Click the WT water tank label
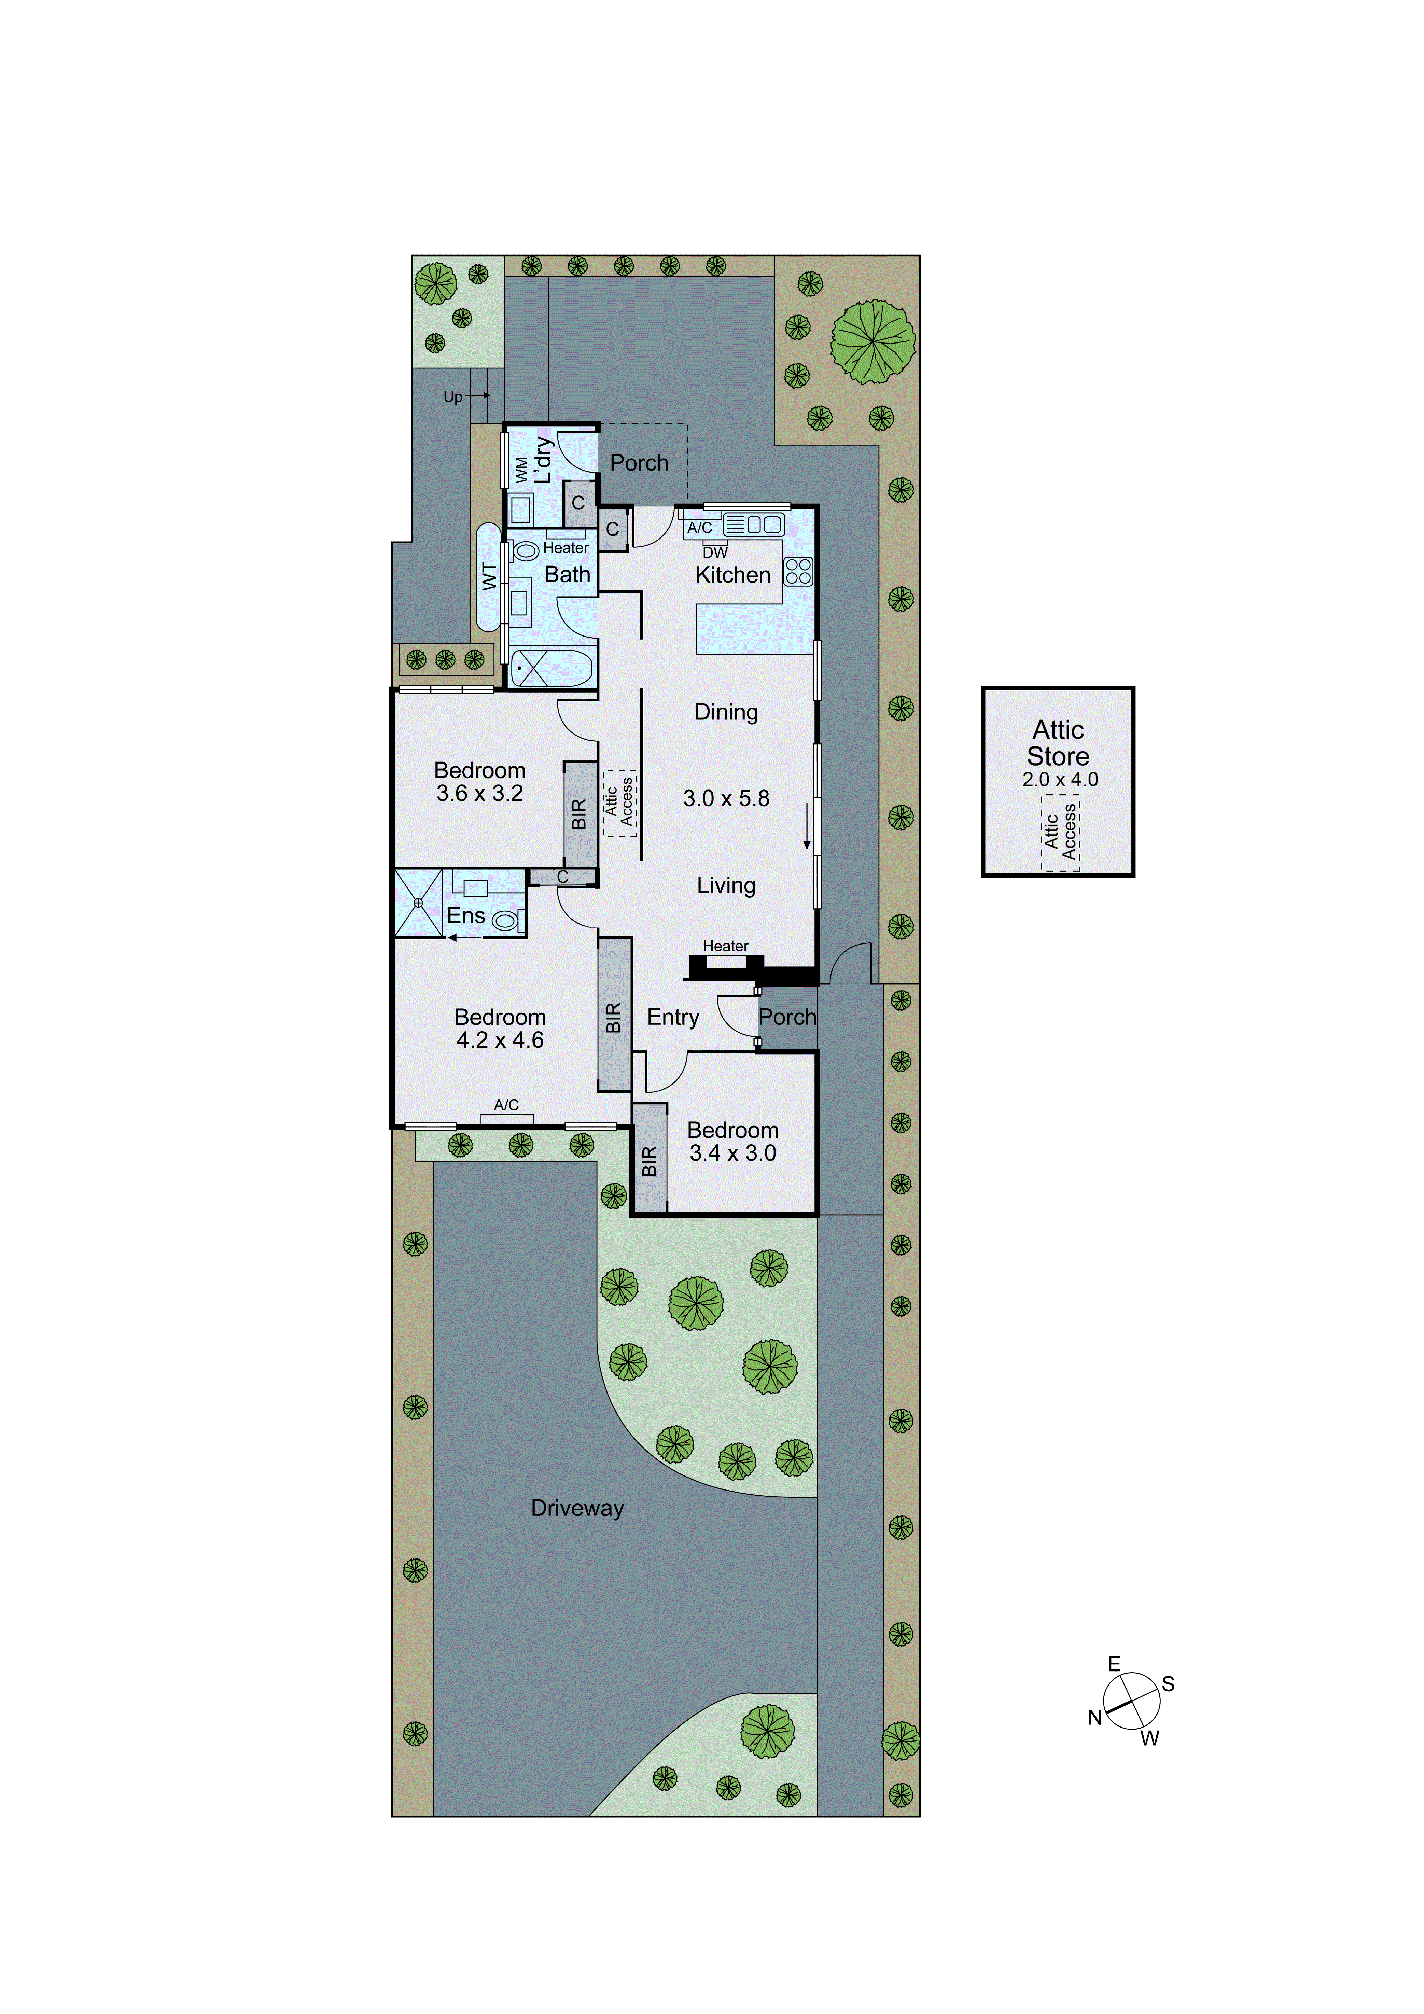(x=489, y=576)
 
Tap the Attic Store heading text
(x=1058, y=743)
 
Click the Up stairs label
(x=453, y=396)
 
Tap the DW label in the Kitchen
(x=715, y=553)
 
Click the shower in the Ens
(x=419, y=903)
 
